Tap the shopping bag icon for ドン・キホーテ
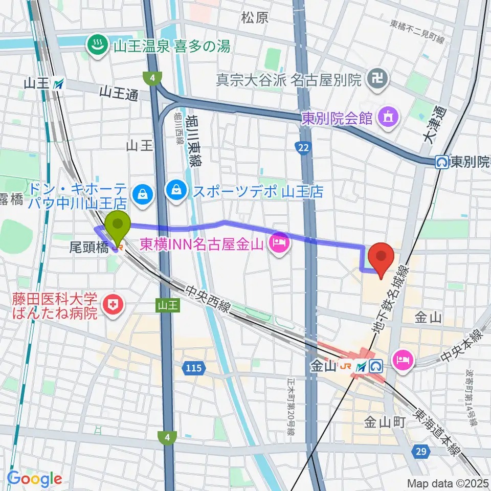coord(139,193)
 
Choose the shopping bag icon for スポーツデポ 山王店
coord(176,190)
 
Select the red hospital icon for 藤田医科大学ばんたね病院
coord(109,305)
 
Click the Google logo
coord(34,479)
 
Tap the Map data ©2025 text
coord(448,483)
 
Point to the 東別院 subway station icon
coord(441,162)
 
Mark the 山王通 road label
coord(119,94)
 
